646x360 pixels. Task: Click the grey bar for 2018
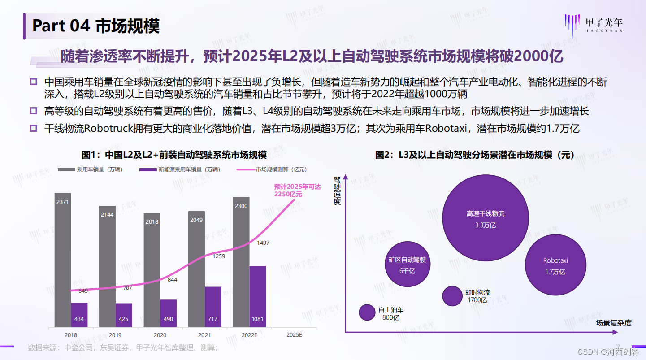coord(62,260)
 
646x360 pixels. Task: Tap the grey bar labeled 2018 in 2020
coord(152,269)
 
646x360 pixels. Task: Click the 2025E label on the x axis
coord(294,335)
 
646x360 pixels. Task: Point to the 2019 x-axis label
coord(115,335)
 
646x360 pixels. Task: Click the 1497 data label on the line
coord(263,243)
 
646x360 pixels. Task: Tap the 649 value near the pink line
coord(83,291)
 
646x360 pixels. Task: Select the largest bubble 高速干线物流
coord(485,218)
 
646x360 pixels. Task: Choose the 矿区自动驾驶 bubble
coord(407,265)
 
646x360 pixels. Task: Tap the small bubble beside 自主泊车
coord(367,312)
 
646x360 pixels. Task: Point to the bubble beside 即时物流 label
coord(452,295)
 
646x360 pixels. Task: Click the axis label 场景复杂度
coord(613,322)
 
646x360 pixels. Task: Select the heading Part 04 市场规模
coord(95,26)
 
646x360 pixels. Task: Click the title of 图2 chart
coord(475,155)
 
